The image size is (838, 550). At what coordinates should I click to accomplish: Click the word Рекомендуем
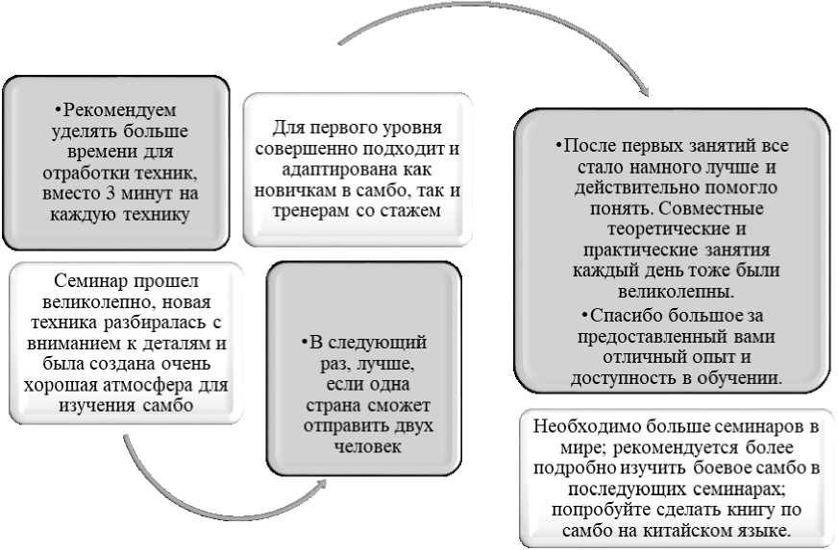(120, 110)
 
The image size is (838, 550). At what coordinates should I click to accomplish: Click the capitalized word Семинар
(82, 282)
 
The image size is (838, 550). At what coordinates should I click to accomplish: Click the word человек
(364, 447)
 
